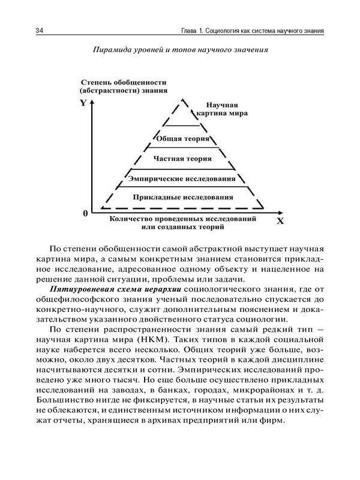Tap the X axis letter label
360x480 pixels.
coord(279,221)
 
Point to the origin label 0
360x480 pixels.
coord(85,213)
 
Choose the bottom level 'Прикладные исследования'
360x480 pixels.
coord(182,197)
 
